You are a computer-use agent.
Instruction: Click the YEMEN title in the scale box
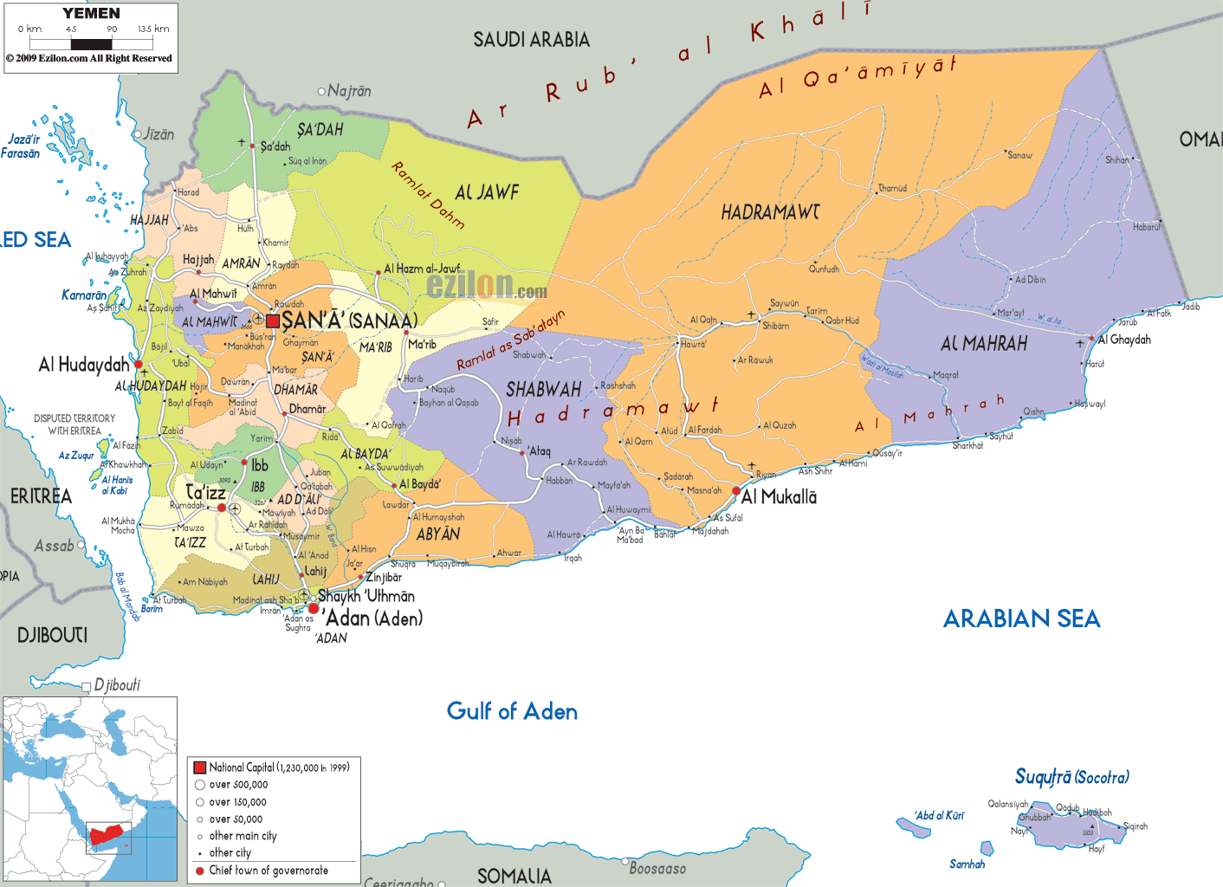(91, 14)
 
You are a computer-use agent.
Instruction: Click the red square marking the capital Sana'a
(273, 321)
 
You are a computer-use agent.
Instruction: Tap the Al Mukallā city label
(779, 497)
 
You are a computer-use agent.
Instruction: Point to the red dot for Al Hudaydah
(138, 365)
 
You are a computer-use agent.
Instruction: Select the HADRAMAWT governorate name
(770, 212)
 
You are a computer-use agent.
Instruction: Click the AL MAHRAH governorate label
(984, 345)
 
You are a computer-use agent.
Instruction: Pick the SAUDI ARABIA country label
(531, 40)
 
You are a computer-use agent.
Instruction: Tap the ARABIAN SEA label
(1021, 618)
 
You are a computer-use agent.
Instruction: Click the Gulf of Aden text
(512, 711)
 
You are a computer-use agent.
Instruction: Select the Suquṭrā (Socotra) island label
(1071, 777)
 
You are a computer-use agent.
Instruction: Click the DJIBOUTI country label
(52, 635)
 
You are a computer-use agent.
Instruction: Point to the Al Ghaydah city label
(1124, 340)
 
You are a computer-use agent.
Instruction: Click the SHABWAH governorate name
(543, 390)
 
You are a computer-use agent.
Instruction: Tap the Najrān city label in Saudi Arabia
(349, 91)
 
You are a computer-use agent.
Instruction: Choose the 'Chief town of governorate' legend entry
(269, 871)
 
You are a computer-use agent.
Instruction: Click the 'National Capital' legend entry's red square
(199, 767)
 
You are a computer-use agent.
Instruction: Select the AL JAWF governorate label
(487, 192)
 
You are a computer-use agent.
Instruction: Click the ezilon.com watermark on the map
(486, 285)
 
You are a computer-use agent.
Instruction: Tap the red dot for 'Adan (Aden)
(314, 609)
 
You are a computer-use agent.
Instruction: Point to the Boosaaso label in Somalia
(657, 868)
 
